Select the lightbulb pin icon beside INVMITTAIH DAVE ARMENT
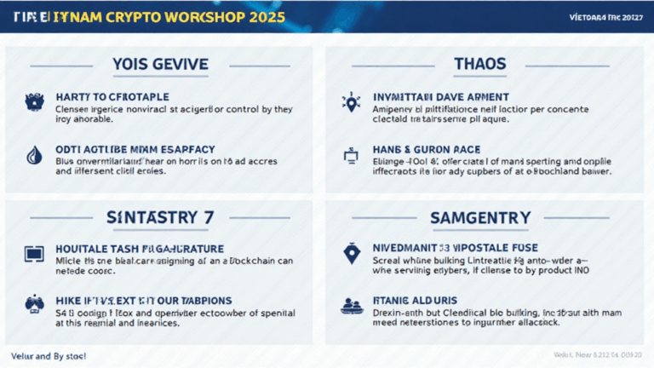point(350,102)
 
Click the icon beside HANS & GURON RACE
point(350,154)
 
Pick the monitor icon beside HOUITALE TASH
point(32,254)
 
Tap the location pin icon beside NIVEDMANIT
point(350,254)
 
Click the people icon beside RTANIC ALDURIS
point(350,305)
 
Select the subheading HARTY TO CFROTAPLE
point(111,97)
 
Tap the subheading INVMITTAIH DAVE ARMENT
point(441,97)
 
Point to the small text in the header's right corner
point(605,17)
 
